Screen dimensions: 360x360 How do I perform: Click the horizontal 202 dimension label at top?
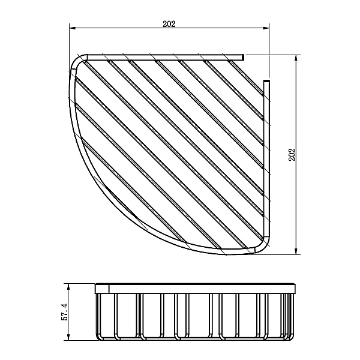(169, 24)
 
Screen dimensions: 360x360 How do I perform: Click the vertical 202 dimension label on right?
(292, 155)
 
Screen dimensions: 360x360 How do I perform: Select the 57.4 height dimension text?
(65, 311)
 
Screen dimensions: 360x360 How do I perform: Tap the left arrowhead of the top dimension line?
(73, 28)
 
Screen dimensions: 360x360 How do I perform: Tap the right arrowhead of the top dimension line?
(266, 28)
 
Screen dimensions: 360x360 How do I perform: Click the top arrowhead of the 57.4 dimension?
(68, 287)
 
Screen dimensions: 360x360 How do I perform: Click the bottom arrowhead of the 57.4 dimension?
(68, 337)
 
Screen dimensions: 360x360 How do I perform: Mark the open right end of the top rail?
(244, 58)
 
